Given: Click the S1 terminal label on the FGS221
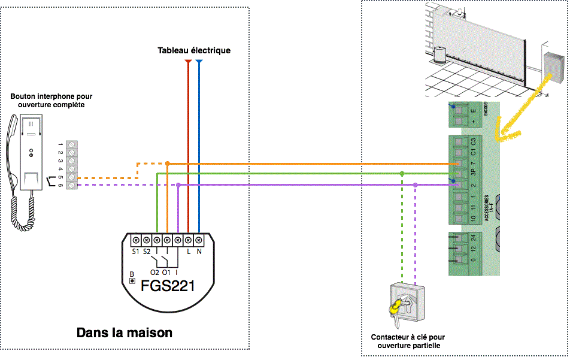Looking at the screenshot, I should (x=135, y=252).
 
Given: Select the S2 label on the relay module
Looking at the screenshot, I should (x=146, y=252).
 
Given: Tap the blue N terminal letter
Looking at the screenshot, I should (x=199, y=252).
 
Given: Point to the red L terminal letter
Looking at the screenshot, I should (x=189, y=252).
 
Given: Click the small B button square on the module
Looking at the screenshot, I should (x=132, y=280).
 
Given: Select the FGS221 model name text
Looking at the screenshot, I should (x=168, y=286).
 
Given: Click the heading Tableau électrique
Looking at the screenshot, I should (x=194, y=50).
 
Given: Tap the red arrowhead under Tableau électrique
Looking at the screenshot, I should (x=188, y=62).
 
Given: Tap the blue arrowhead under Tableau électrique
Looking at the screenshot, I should (x=199, y=62).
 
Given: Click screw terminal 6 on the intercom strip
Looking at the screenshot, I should (x=72, y=186).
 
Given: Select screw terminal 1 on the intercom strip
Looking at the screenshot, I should (x=72, y=144).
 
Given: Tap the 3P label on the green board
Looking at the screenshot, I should (x=472, y=173).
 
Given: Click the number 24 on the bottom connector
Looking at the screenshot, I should (x=472, y=238).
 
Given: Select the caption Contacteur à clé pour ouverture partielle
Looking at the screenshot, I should (x=408, y=341).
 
